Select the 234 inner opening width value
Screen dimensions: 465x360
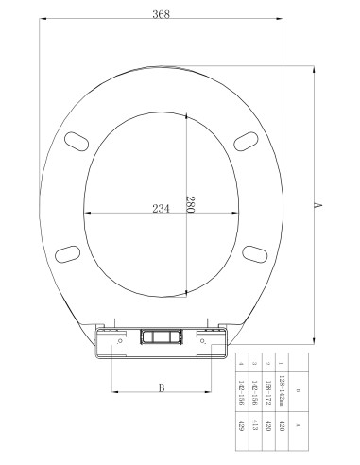tap(162, 209)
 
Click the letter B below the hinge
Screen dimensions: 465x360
tap(162, 387)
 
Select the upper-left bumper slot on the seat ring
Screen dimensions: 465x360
tap(72, 140)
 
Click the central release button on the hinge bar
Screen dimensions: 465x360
tap(162, 336)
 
